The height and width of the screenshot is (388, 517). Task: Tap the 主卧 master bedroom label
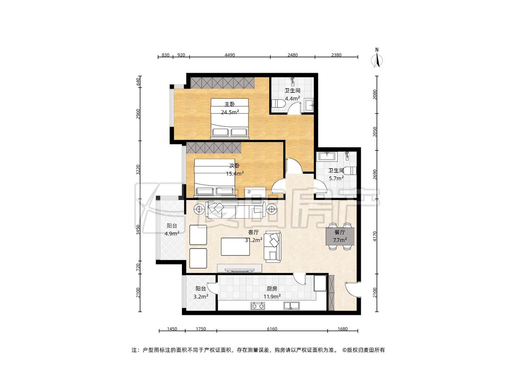(229, 104)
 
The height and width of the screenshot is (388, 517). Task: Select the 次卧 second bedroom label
(235, 165)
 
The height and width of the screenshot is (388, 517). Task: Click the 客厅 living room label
(253, 232)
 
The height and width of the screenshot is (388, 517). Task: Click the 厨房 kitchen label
(272, 289)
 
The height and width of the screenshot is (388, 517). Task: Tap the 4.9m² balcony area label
(172, 234)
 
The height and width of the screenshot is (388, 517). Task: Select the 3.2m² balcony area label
(201, 297)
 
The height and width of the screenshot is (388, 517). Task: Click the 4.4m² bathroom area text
(292, 98)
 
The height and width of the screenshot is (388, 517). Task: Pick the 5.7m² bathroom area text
(336, 178)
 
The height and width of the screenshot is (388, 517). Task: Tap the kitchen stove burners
(258, 306)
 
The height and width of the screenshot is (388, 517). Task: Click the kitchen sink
(291, 306)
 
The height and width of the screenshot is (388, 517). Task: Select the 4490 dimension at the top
(230, 55)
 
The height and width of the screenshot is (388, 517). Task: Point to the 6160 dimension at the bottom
(272, 329)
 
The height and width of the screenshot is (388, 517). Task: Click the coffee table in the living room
(235, 246)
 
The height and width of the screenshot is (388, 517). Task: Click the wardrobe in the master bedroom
(222, 82)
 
